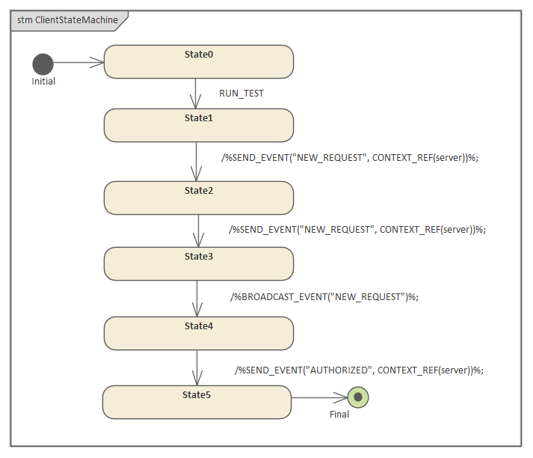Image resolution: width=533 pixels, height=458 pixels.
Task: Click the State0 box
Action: (x=198, y=61)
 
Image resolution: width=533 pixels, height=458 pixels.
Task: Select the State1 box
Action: (x=198, y=125)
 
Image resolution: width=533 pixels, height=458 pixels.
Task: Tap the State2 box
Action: (x=198, y=198)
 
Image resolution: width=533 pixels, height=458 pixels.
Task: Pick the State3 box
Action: (x=198, y=263)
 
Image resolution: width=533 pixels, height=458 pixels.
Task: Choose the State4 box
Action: (x=198, y=333)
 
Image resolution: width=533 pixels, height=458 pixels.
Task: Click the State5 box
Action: (x=197, y=402)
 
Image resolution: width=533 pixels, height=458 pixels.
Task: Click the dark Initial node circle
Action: (x=43, y=64)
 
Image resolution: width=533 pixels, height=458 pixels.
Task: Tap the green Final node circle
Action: (x=358, y=397)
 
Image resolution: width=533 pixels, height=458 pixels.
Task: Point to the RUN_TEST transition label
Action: (x=241, y=94)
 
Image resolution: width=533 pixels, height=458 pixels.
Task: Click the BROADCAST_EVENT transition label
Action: (x=324, y=296)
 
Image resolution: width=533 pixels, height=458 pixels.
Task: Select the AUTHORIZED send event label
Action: (x=359, y=370)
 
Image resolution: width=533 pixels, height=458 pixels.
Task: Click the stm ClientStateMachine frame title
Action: (x=67, y=20)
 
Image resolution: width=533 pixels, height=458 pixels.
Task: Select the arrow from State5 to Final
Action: (x=319, y=397)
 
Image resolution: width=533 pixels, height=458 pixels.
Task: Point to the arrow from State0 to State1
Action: (x=195, y=94)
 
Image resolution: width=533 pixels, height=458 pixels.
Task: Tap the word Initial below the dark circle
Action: (x=43, y=82)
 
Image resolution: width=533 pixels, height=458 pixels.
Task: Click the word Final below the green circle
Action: (x=339, y=414)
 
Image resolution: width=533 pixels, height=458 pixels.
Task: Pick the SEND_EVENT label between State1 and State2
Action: (x=349, y=158)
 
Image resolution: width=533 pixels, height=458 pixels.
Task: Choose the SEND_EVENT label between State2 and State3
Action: (x=357, y=230)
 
